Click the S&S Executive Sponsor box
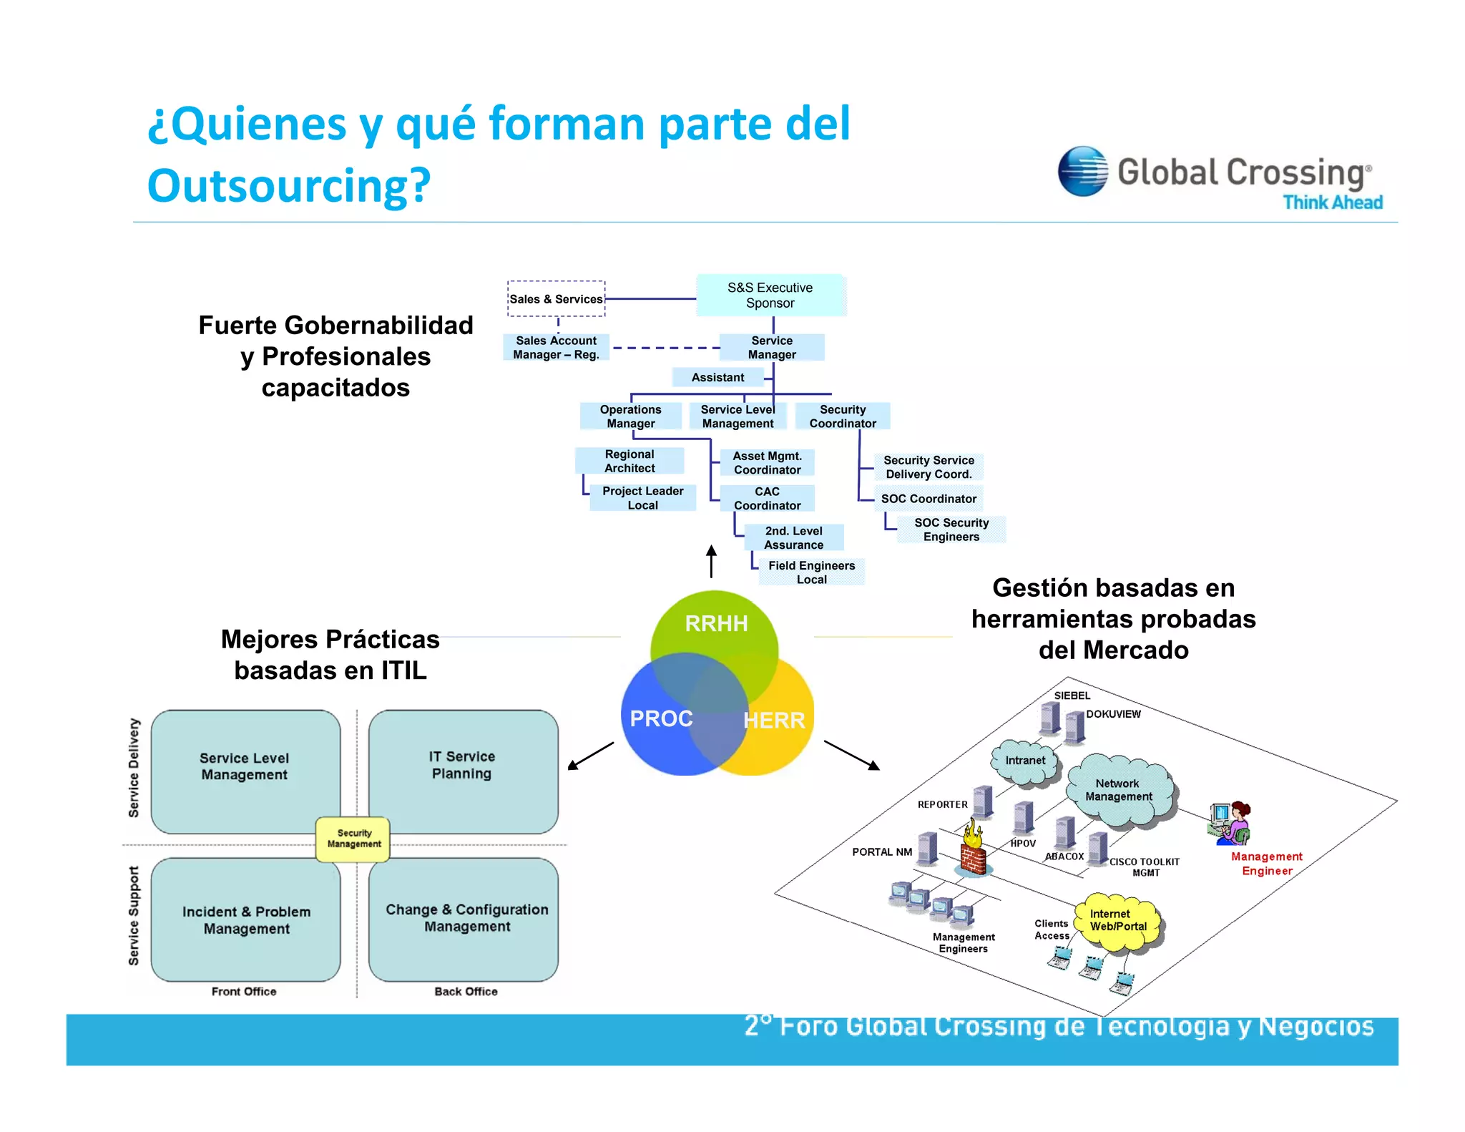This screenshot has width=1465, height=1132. [770, 295]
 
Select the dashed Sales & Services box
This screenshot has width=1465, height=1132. [556, 299]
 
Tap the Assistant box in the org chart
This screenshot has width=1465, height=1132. [717, 377]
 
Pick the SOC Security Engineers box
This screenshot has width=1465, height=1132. [951, 530]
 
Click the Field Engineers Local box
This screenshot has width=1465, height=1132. [811, 572]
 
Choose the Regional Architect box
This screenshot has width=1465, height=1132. [629, 461]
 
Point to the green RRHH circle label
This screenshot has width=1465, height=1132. [716, 623]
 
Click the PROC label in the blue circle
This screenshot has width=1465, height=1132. [661, 718]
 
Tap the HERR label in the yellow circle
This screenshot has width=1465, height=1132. [774, 720]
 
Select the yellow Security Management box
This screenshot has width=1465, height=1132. [354, 839]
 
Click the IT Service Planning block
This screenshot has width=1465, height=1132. [462, 765]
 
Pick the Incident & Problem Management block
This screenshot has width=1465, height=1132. [246, 920]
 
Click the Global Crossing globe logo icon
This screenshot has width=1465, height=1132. [1082, 172]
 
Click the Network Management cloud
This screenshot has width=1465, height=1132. [1119, 790]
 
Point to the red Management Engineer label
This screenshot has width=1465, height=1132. [1266, 864]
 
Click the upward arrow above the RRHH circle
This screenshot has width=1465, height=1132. [711, 561]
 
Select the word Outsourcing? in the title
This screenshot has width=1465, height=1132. [289, 185]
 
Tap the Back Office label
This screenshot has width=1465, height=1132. [466, 991]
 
